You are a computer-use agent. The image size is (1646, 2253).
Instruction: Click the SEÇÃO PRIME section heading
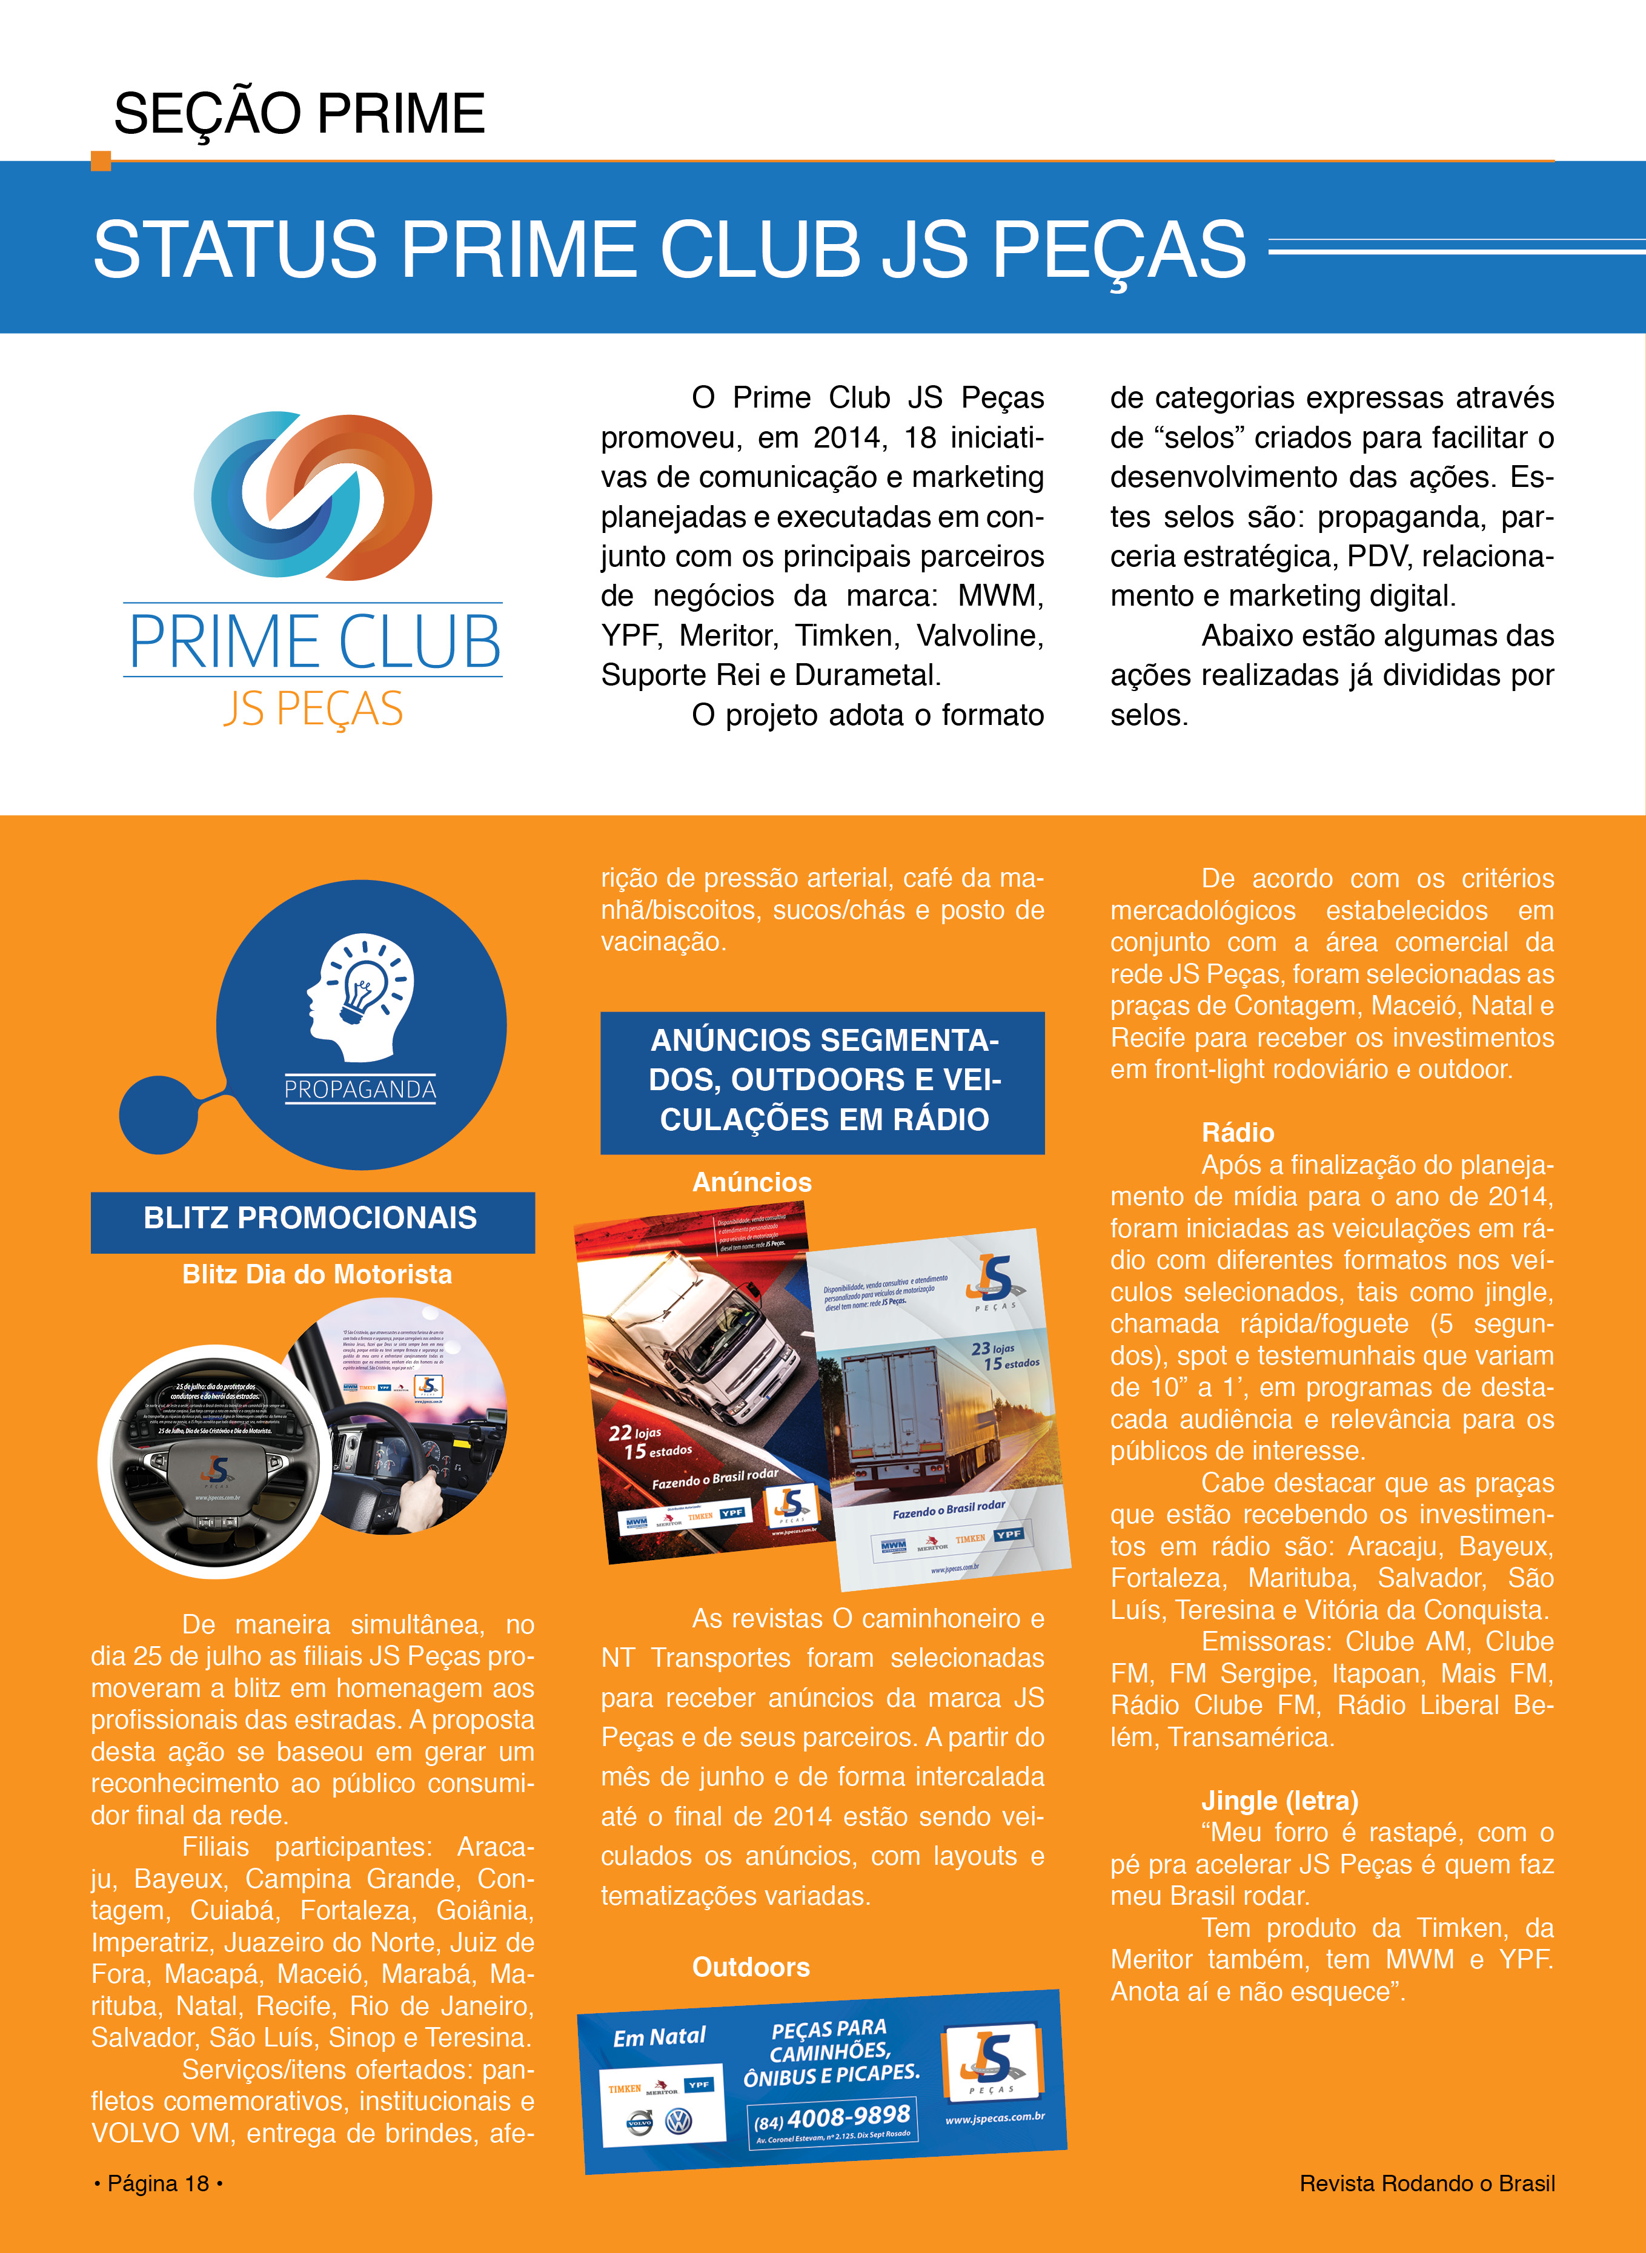click(299, 113)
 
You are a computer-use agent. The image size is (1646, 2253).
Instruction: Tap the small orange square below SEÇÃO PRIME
click(101, 160)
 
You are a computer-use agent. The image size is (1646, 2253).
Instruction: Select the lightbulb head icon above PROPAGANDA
click(360, 996)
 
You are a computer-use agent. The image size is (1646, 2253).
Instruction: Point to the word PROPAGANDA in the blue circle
click(360, 1090)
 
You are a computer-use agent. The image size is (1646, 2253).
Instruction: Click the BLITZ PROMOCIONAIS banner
click(312, 1218)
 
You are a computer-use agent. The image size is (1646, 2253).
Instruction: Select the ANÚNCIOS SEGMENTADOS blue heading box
click(823, 1080)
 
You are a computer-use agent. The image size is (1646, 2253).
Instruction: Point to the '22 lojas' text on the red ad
click(635, 1434)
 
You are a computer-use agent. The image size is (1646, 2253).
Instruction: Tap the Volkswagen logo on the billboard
click(679, 2123)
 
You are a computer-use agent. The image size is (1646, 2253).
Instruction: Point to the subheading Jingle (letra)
click(1279, 1801)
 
